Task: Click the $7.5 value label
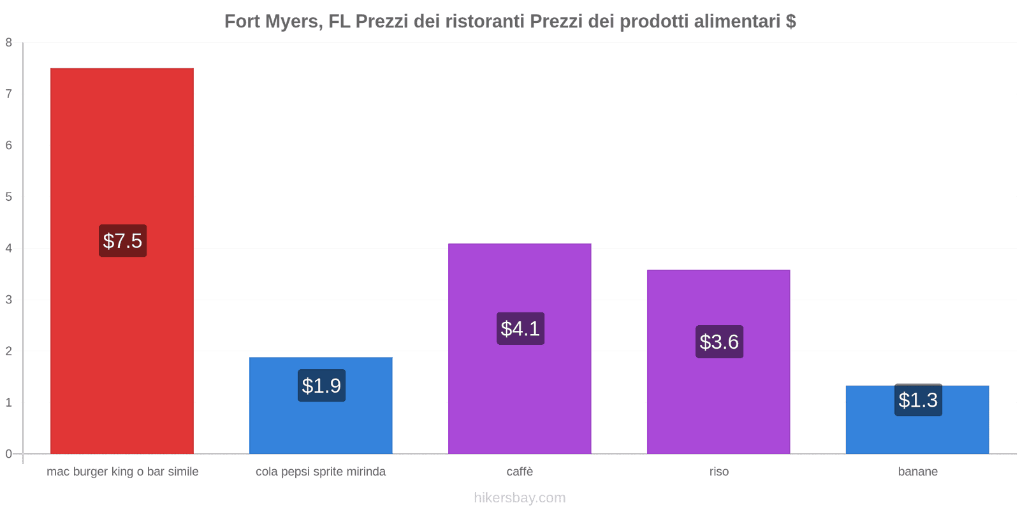122,241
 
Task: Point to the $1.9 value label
321,386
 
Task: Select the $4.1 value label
520,329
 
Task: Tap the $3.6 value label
719,342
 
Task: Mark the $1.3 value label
918,400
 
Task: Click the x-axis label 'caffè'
520,472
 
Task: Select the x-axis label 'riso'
719,472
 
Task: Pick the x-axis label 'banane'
918,472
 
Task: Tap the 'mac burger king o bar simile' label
122,472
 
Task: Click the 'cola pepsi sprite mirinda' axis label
321,472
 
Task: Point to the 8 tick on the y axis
9,43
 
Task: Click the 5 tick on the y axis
9,197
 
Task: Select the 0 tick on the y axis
9,454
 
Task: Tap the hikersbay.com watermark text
520,498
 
